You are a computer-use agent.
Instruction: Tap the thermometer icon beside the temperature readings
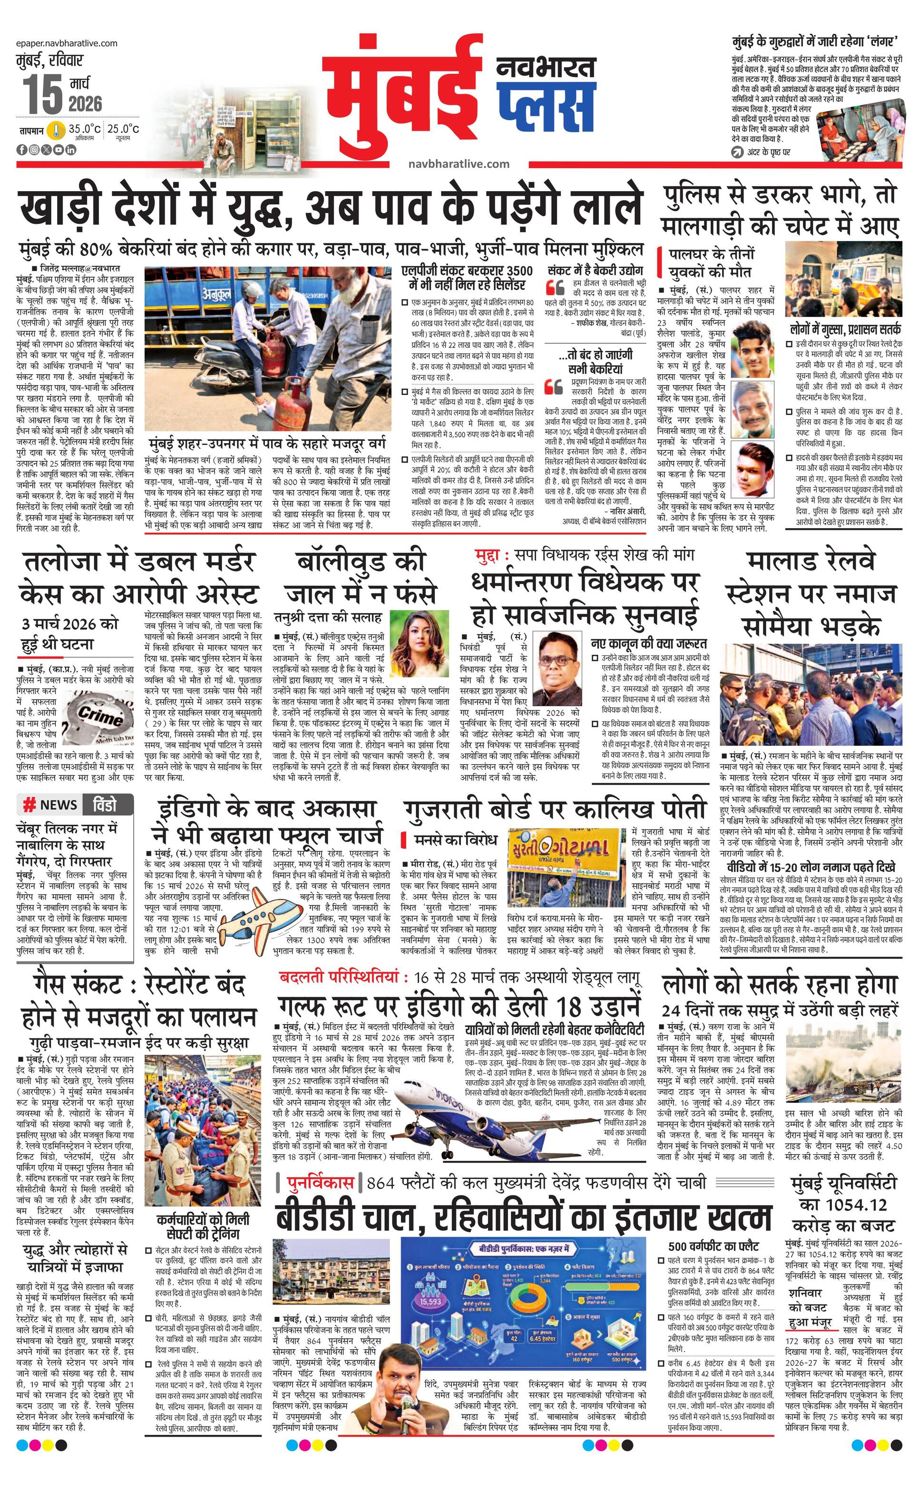coord(57,130)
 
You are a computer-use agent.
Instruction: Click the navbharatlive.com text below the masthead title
coord(459,164)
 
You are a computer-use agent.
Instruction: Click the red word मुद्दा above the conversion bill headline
coord(492,555)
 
